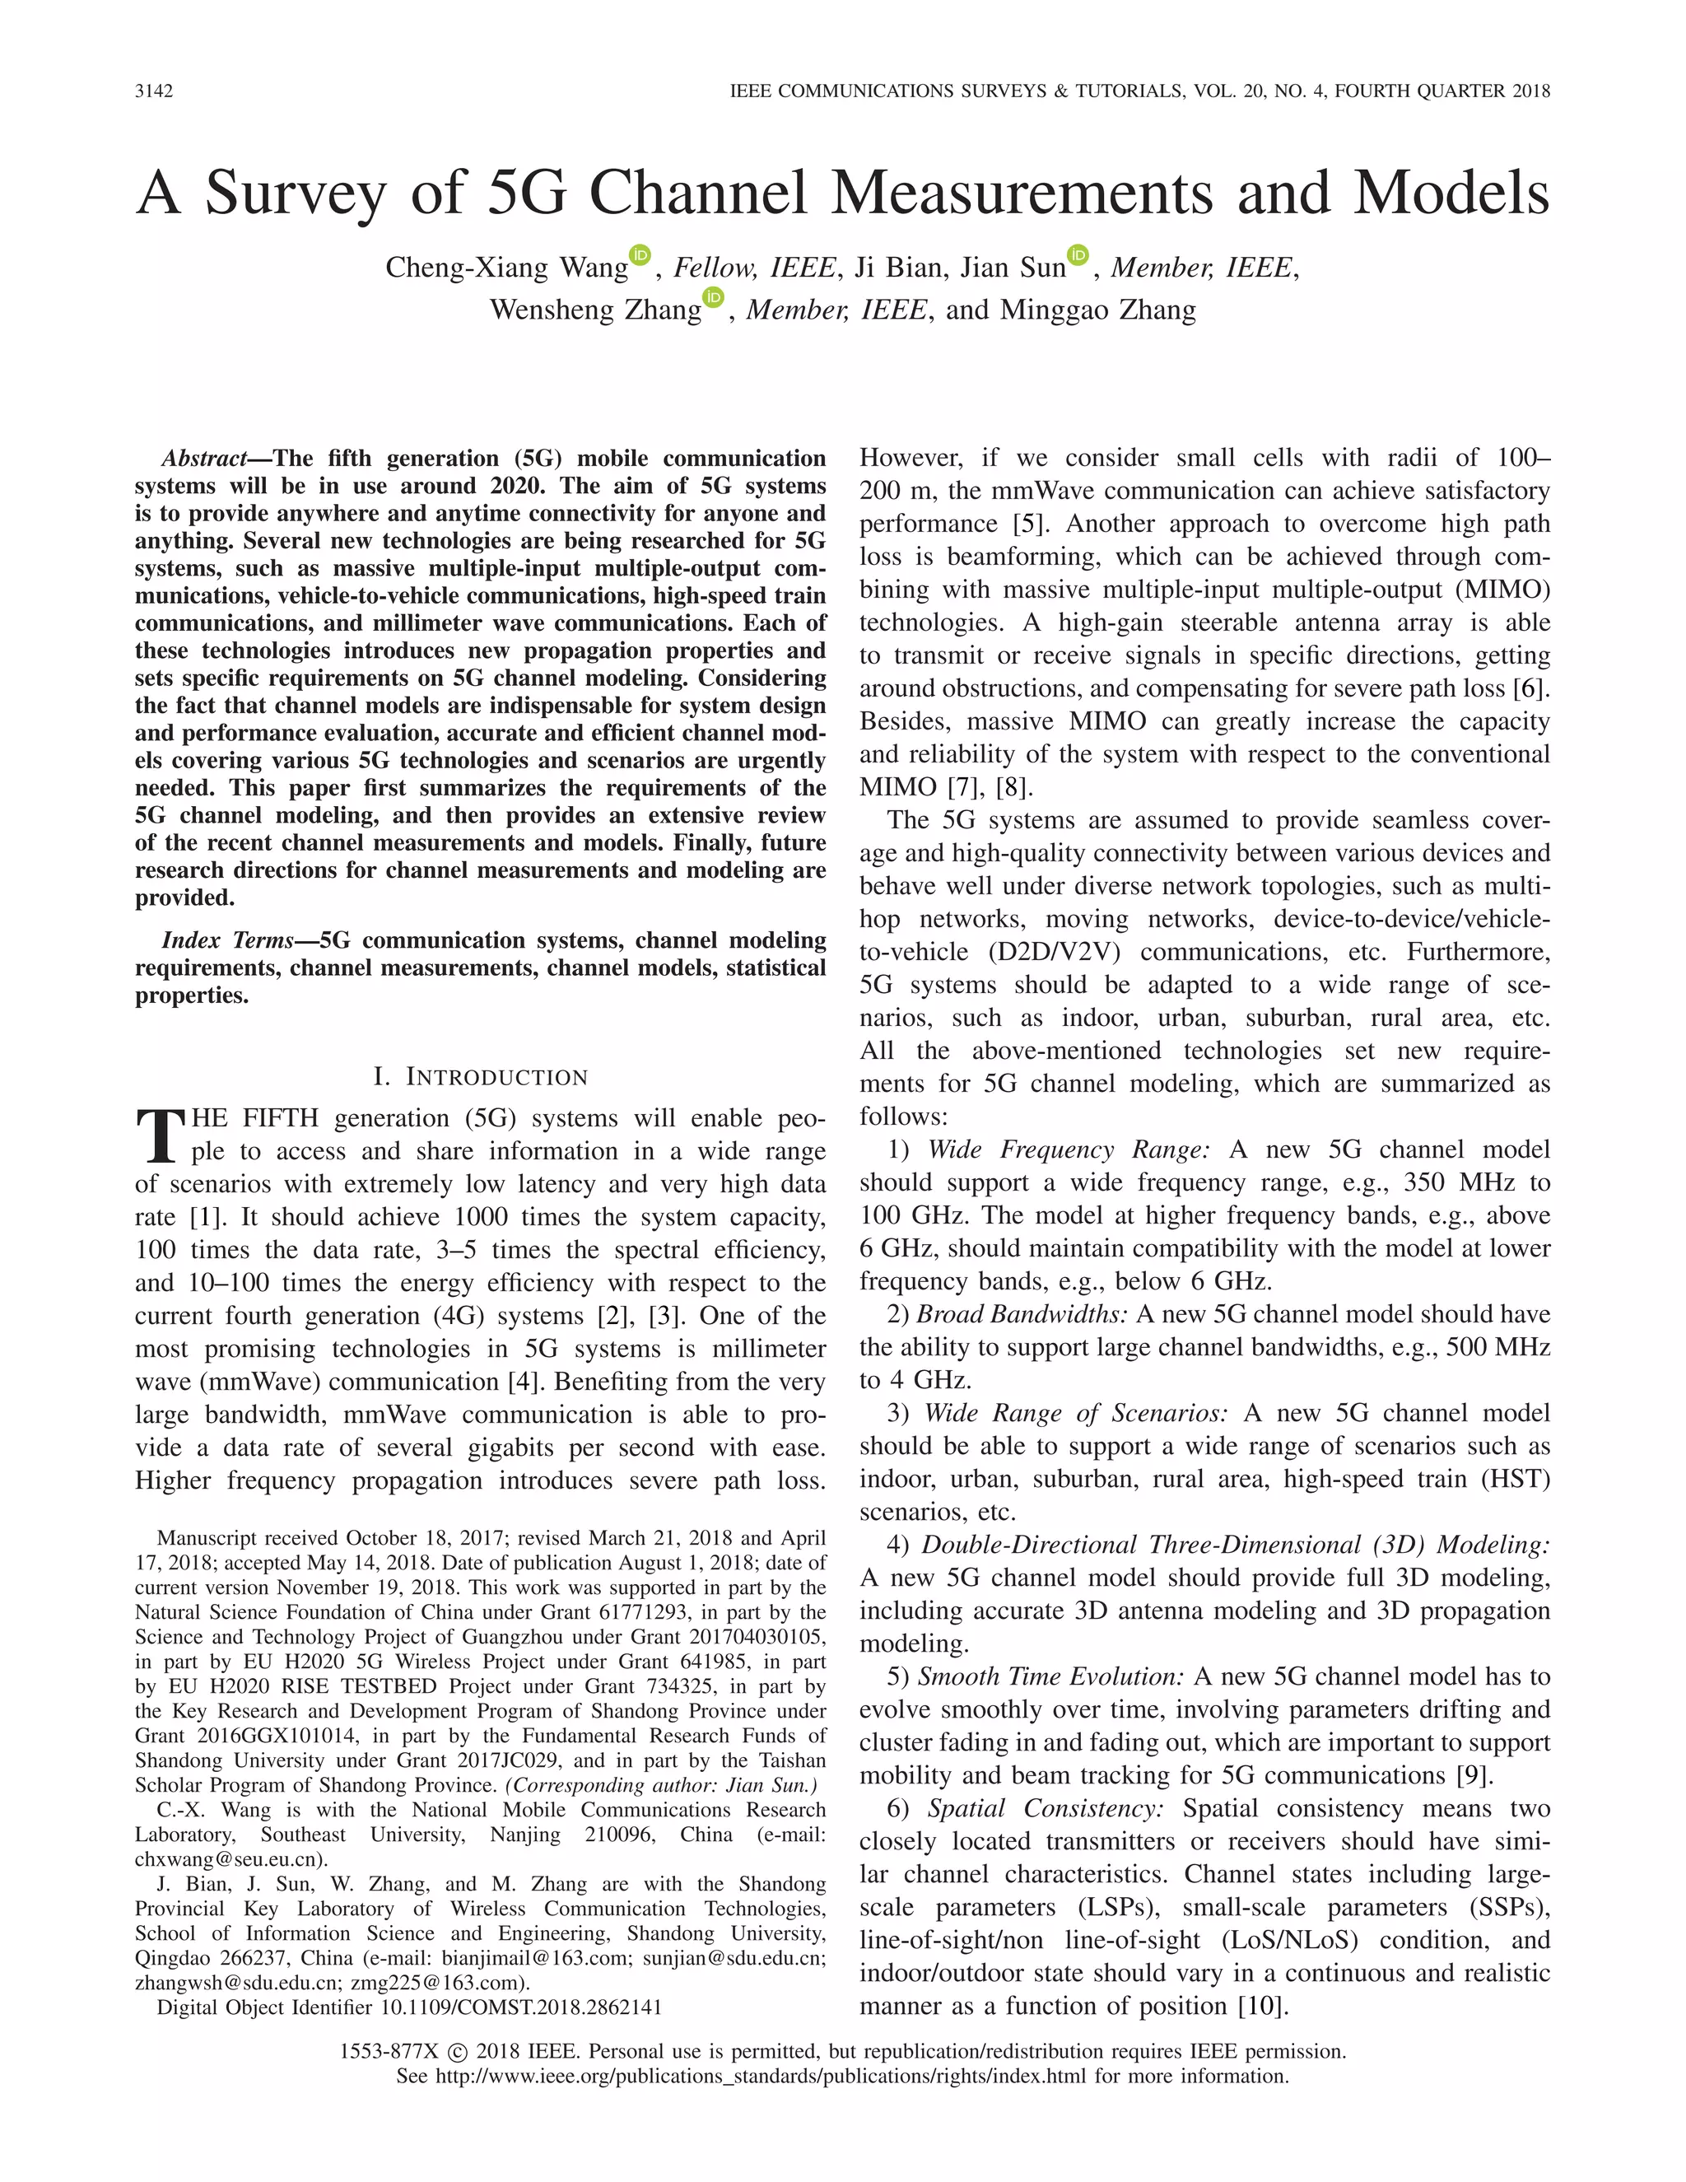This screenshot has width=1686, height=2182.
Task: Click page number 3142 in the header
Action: (x=154, y=91)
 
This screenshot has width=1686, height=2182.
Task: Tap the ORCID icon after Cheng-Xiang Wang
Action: (x=640, y=256)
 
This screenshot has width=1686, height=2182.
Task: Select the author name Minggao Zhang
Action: (x=1097, y=310)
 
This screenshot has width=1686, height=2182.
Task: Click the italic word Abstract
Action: (x=205, y=459)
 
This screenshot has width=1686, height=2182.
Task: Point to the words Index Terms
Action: (x=228, y=940)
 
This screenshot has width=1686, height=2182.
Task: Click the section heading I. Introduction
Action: (x=481, y=1077)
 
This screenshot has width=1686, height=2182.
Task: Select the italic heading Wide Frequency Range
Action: (x=1068, y=1150)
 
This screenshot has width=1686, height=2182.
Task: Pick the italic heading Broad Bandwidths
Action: (x=1022, y=1315)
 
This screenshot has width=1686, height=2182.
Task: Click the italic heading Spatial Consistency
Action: (x=1046, y=1808)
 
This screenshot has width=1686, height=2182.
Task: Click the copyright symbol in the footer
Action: (x=458, y=2052)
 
